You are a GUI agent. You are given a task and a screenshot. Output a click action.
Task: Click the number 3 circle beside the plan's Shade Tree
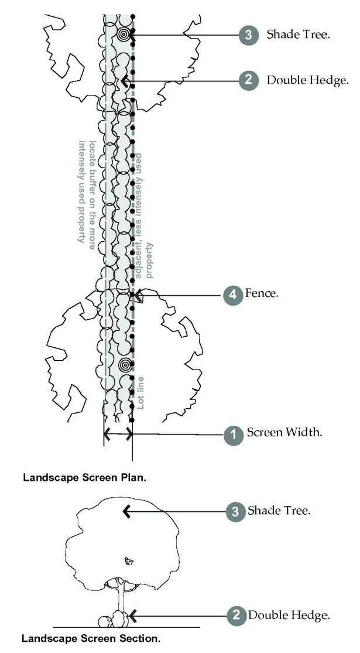tap(248, 35)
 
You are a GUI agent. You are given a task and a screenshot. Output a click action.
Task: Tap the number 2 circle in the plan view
tap(248, 81)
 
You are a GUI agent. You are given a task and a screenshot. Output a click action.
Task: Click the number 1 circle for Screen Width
tap(234, 434)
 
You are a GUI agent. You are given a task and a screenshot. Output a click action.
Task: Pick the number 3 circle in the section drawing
tap(234, 511)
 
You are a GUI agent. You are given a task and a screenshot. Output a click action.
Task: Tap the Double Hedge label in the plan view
tap(307, 81)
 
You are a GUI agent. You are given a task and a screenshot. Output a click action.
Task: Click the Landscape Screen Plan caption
tap(84, 477)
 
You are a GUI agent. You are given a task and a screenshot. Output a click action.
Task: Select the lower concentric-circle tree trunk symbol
tap(124, 365)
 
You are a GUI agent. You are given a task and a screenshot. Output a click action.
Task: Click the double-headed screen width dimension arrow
tap(118, 434)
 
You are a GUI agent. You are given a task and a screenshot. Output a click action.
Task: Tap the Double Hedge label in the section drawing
tap(289, 614)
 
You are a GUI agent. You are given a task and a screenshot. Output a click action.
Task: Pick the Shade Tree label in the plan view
tap(298, 35)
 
